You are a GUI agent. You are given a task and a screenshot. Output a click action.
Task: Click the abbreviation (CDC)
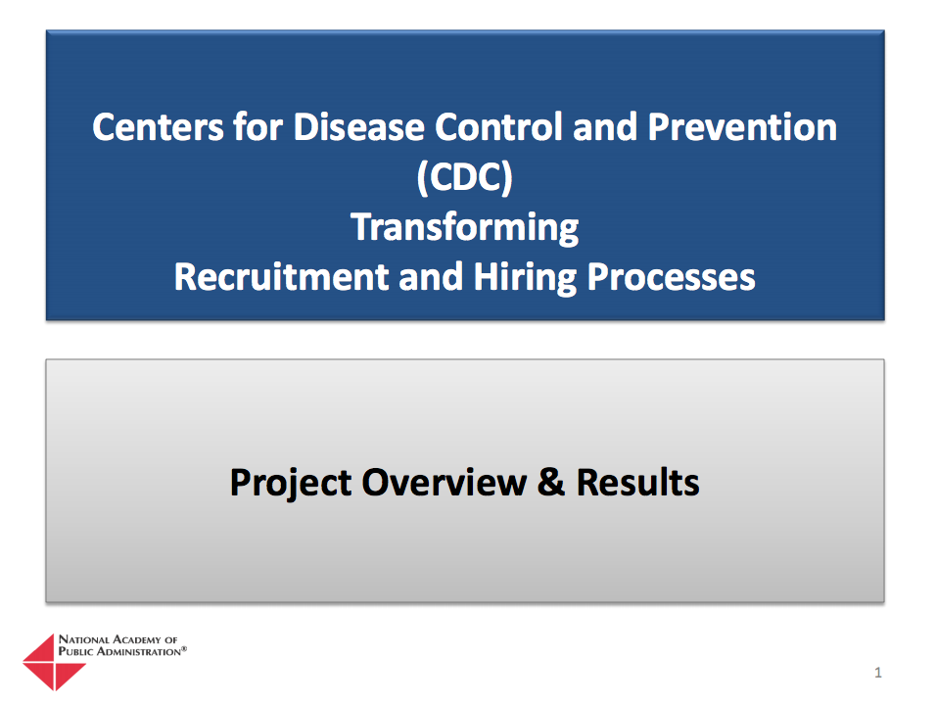point(465,178)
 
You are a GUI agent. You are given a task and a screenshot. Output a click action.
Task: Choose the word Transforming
point(465,227)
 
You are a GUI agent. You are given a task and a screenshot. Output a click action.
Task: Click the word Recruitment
point(282,277)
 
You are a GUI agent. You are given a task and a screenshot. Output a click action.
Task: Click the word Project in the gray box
point(290,483)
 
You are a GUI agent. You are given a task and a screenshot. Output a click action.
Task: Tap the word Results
point(637,483)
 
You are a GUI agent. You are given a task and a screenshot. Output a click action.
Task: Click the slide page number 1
point(878,673)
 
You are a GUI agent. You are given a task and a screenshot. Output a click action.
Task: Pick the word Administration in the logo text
point(137,650)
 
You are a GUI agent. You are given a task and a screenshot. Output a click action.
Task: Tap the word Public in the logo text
point(75,650)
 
